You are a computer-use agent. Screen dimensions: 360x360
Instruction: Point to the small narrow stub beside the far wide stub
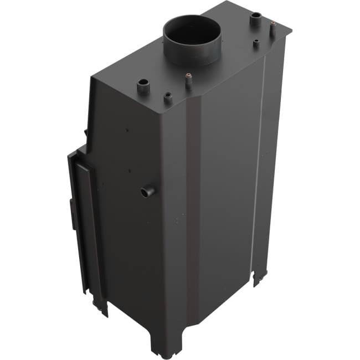(x=256, y=43)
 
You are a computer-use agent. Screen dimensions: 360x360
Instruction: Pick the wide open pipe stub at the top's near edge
(x=143, y=86)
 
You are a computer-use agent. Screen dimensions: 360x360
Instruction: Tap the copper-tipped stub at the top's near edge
(x=189, y=81)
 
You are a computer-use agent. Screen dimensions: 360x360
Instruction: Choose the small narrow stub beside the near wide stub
(x=167, y=99)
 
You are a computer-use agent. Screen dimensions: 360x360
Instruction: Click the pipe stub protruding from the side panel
(x=148, y=192)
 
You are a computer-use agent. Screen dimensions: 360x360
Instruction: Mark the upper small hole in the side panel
(x=127, y=131)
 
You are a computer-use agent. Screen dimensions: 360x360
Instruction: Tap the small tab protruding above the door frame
(x=86, y=132)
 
